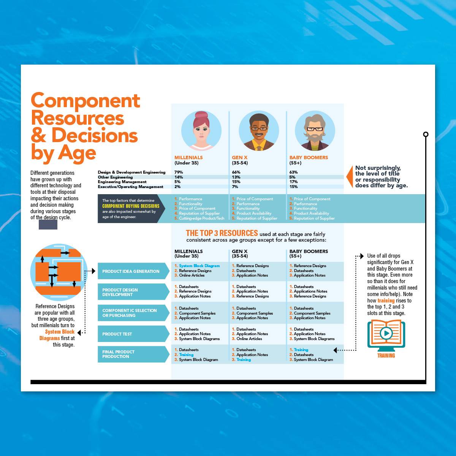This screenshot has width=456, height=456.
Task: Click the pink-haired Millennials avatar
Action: pyautogui.click(x=201, y=131)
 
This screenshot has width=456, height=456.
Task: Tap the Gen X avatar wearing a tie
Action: pyautogui.click(x=259, y=131)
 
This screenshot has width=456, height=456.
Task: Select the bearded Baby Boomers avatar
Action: pyautogui.click(x=315, y=131)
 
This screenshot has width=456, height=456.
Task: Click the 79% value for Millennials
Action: pyautogui.click(x=179, y=172)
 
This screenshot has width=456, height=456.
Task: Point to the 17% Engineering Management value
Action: pyautogui.click(x=293, y=182)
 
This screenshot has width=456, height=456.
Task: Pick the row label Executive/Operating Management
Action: pyautogui.click(x=130, y=187)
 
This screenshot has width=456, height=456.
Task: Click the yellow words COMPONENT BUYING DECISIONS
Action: pyautogui.click(x=131, y=206)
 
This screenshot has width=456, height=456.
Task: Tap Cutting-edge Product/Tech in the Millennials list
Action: pyautogui.click(x=201, y=218)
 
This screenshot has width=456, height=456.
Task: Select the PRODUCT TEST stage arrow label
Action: pyautogui.click(x=117, y=334)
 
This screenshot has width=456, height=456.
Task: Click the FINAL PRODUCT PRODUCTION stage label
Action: pyautogui.click(x=118, y=354)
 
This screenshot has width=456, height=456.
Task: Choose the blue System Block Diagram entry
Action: pyautogui.click(x=199, y=266)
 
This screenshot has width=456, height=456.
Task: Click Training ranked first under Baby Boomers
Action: pyautogui.click(x=301, y=350)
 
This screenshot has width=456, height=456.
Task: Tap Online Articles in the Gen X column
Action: pyautogui.click(x=249, y=339)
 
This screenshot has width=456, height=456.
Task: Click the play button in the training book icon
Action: pyautogui.click(x=386, y=333)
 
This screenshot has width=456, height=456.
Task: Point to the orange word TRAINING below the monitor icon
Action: pyautogui.click(x=386, y=355)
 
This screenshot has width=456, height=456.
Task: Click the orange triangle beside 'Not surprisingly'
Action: pyautogui.click(x=350, y=177)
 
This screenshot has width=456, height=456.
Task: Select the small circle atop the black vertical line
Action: pyautogui.click(x=426, y=135)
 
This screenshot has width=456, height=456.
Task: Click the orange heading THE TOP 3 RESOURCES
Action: pyautogui.click(x=222, y=233)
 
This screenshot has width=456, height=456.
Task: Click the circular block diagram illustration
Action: pyautogui.click(x=59, y=272)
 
